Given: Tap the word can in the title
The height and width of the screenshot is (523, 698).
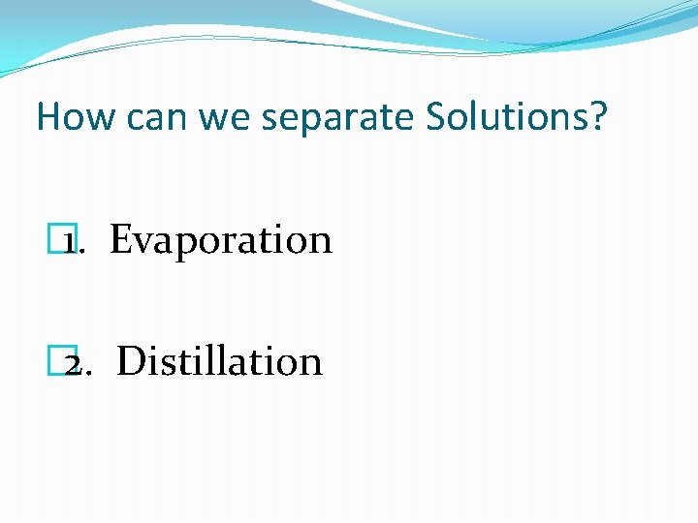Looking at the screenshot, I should (147, 118).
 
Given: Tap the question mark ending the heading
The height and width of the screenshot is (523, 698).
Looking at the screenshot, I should (597, 117).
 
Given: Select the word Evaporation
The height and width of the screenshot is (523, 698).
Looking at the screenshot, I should (221, 240).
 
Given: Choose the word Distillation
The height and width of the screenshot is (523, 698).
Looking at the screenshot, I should (219, 361).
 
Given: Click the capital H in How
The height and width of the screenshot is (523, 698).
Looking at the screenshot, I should (48, 117).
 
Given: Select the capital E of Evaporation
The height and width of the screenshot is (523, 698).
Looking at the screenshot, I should (121, 239).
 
